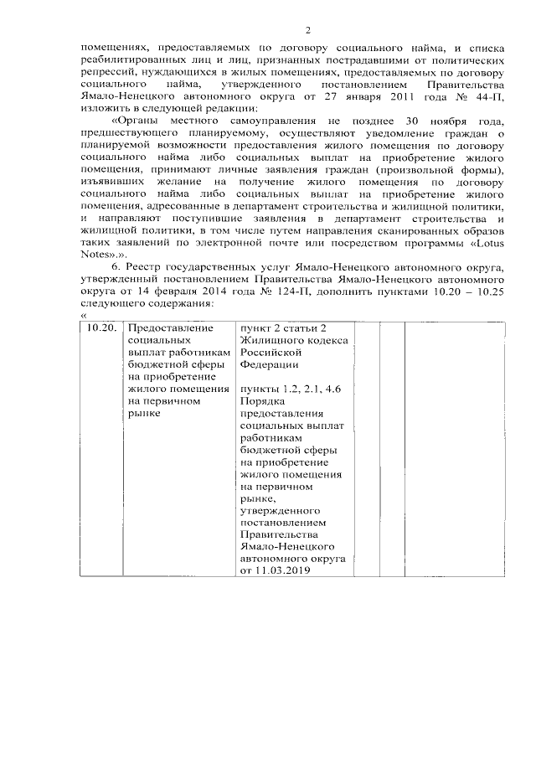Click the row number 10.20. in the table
coord(105,328)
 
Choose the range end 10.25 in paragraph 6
coord(489,291)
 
